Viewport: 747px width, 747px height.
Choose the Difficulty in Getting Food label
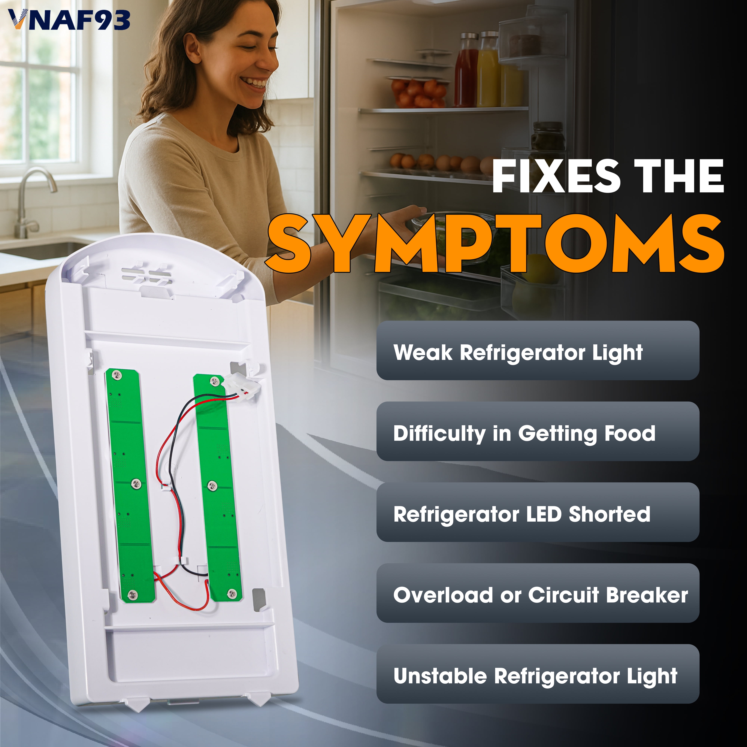point(524,433)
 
